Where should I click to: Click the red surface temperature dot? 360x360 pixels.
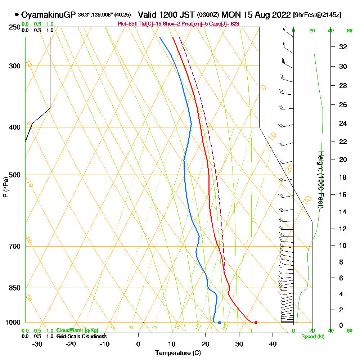coord(256,323)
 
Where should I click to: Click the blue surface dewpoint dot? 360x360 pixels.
coord(219,323)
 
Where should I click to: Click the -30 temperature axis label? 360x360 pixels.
coord(37,344)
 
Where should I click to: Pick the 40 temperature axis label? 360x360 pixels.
coord(273,344)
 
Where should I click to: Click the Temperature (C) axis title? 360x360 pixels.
coord(178,353)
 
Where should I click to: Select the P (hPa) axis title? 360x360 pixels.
coord(5,187)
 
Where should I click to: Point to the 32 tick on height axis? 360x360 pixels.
coord(343,47)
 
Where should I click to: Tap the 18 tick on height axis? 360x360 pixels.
coord(343,177)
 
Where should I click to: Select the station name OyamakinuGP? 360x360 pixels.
coord(48,15)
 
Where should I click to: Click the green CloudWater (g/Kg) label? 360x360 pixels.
coord(77,330)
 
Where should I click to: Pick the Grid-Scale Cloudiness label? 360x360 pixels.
coord(81,336)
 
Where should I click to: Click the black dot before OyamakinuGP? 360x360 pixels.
coord(17,15)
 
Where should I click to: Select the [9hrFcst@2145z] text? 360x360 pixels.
coord(318,15)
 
